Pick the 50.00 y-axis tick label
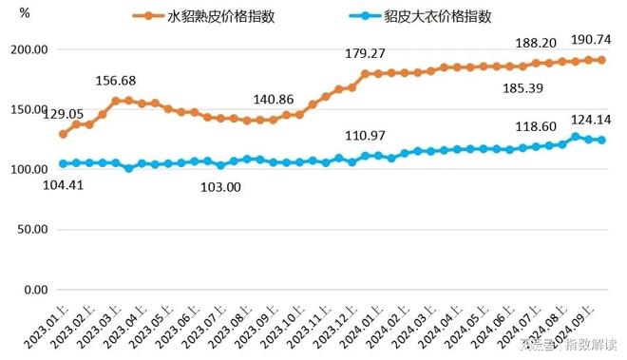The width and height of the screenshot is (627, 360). coord(34,229)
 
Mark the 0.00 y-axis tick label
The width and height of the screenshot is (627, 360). coord(38,289)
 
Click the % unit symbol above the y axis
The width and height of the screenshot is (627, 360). coord(25,14)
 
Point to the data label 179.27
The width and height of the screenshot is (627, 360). coord(369,52)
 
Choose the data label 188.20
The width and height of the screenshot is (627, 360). coord(535,43)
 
